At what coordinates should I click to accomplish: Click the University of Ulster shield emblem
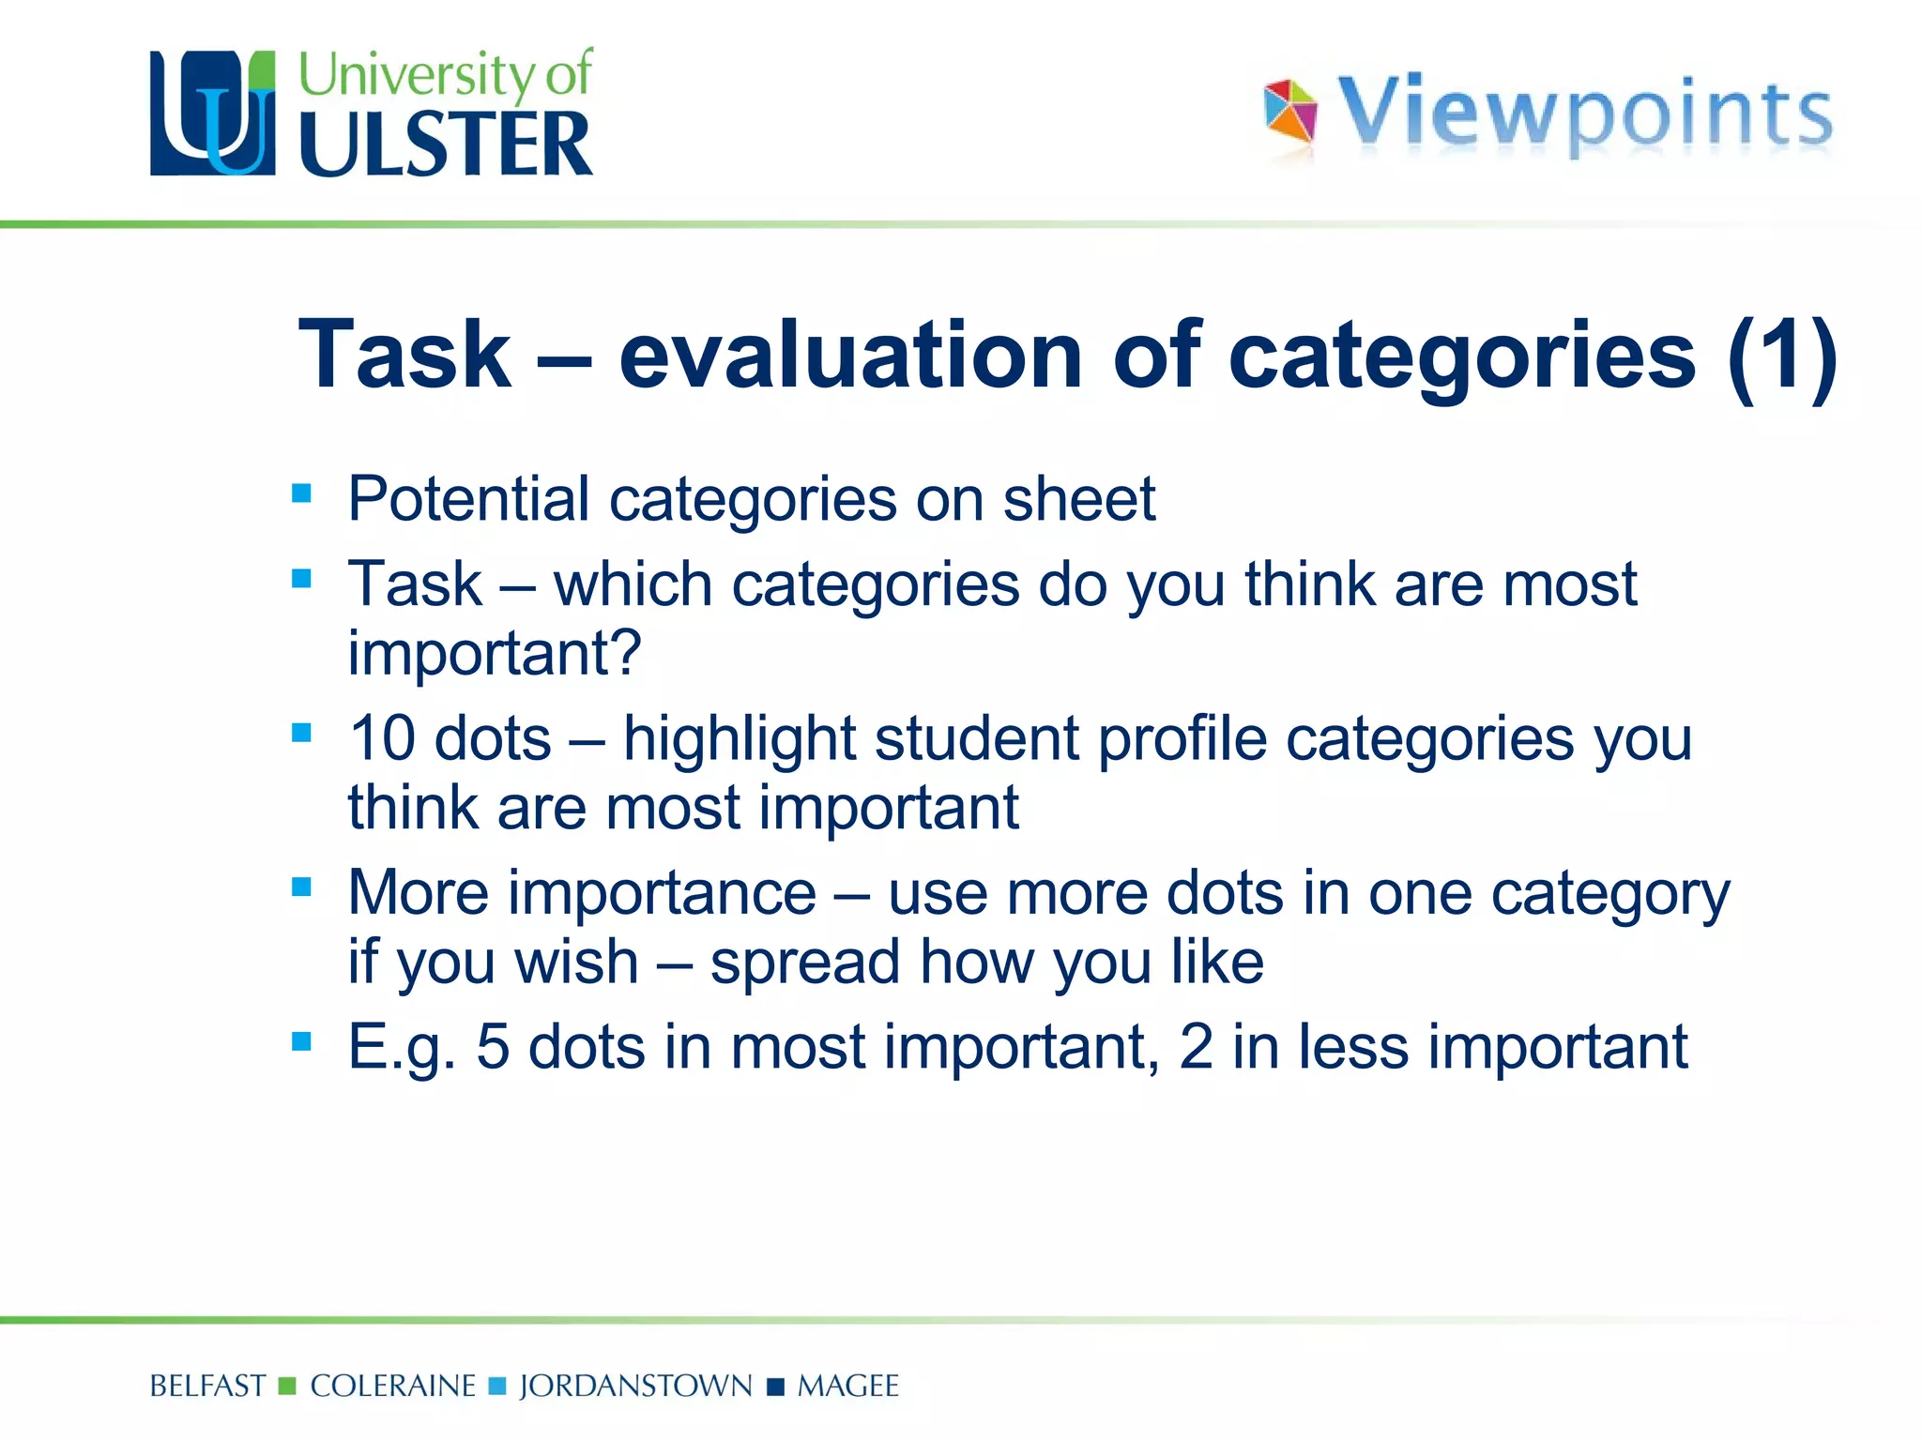click(x=213, y=114)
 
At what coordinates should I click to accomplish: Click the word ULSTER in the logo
click(x=446, y=144)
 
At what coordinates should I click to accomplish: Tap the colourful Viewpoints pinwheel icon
click(x=1290, y=113)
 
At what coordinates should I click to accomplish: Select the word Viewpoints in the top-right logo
click(x=1584, y=114)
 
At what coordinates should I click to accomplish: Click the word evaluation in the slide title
click(x=850, y=355)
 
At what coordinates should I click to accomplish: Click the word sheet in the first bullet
click(x=1079, y=498)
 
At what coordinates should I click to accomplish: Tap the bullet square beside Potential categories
click(x=301, y=493)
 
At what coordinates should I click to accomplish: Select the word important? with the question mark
click(x=495, y=653)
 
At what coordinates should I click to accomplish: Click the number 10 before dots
click(x=383, y=738)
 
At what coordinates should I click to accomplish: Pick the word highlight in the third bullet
click(x=740, y=738)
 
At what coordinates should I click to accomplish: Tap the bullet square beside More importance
click(x=301, y=887)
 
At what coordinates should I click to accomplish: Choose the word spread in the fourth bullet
click(x=804, y=963)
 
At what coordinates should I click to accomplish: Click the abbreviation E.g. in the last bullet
click(x=402, y=1047)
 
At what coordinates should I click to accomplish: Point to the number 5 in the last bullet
click(x=493, y=1047)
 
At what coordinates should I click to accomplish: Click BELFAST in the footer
click(x=208, y=1386)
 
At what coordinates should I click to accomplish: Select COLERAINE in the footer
click(x=393, y=1386)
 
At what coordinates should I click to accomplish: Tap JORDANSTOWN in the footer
click(x=636, y=1386)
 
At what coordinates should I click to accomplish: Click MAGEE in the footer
click(x=848, y=1386)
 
